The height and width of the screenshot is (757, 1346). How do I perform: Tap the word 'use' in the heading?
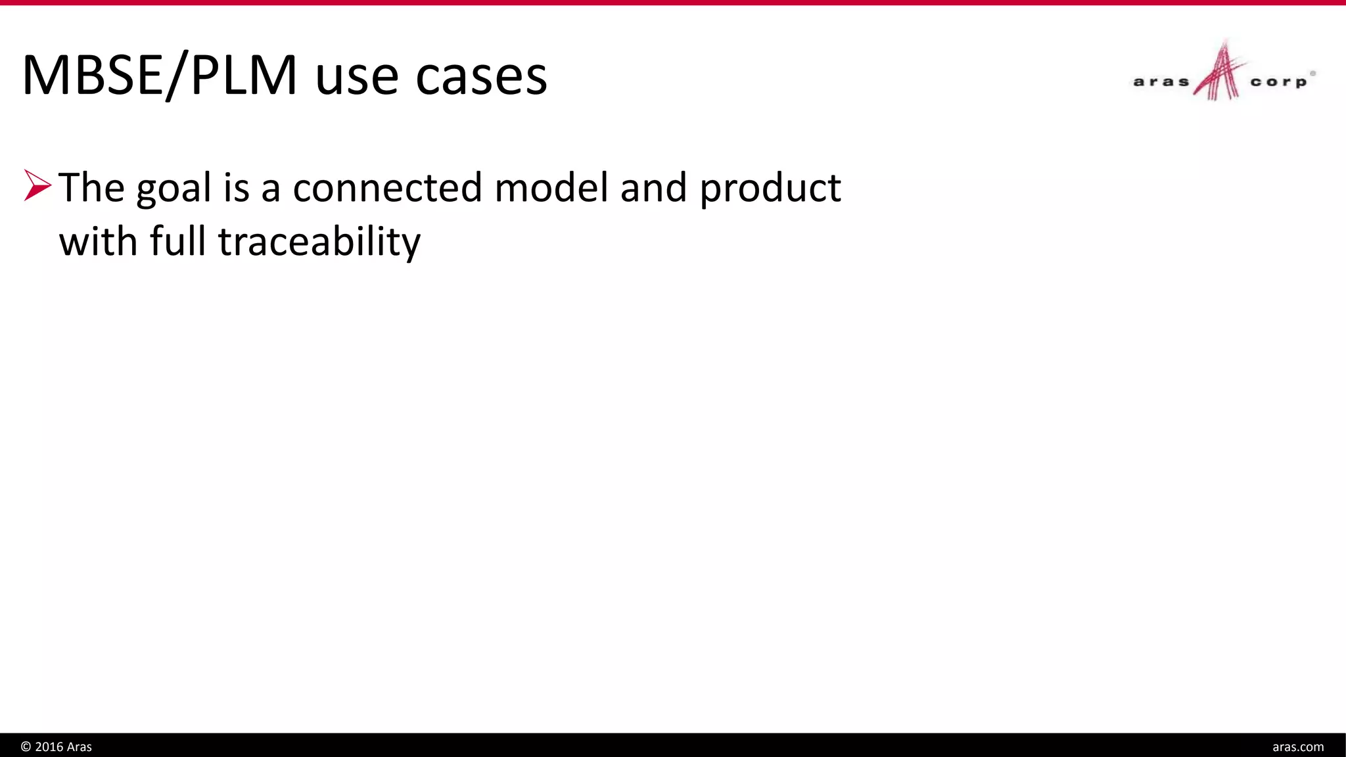(357, 78)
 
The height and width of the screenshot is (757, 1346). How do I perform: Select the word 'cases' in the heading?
(481, 78)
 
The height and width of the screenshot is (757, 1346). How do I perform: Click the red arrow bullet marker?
(37, 185)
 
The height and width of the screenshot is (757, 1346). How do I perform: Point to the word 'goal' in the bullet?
(174, 189)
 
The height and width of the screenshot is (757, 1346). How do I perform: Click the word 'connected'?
(388, 188)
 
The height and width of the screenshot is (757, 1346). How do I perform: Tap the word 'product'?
(770, 189)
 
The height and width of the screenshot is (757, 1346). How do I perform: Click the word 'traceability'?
(319, 242)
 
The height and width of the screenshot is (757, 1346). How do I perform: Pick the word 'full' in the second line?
(177, 241)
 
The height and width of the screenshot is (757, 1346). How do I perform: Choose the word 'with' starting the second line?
(98, 241)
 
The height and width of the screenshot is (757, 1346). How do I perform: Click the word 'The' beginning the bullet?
(91, 188)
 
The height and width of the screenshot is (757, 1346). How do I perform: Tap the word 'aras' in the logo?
(1161, 82)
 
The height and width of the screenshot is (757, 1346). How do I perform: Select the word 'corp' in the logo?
(1278, 82)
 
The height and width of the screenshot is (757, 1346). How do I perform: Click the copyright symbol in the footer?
(26, 746)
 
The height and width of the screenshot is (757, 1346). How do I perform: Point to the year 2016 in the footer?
(49, 746)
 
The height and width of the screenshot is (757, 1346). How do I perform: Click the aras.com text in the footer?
(1297, 746)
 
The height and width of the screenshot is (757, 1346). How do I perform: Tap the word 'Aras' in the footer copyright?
(80, 746)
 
